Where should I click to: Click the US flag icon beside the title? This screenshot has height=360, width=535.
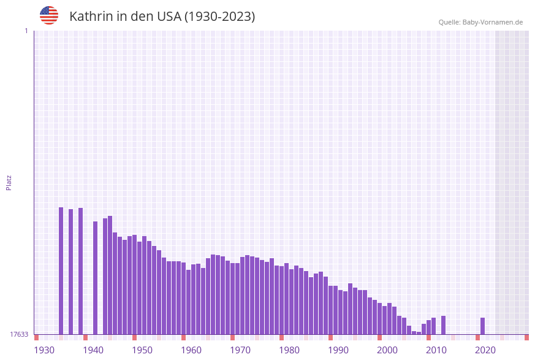49,15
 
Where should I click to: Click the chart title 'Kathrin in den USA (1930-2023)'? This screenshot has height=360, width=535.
162,17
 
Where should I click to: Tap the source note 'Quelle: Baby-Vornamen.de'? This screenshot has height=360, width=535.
480,22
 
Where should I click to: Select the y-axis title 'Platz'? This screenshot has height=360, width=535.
9,182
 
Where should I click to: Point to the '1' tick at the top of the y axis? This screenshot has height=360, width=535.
26,31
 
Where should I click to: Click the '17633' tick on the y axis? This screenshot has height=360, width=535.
19,334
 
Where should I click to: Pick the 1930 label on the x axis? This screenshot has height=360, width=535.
44,350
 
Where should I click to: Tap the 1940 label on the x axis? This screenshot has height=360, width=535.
93,350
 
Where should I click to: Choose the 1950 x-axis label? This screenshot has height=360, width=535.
142,350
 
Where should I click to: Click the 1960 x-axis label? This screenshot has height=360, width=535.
191,350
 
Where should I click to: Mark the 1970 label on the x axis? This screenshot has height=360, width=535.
240,350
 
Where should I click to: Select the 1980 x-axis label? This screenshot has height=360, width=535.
289,350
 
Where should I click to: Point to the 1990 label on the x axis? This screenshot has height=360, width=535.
338,350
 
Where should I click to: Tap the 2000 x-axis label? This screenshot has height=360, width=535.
387,350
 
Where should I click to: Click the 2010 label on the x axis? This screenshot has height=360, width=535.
436,350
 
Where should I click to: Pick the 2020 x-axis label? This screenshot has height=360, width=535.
485,350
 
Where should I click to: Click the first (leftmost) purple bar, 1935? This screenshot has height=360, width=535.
61,270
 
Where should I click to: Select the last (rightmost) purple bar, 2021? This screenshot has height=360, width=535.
483,326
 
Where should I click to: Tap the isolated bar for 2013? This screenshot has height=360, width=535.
444,325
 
